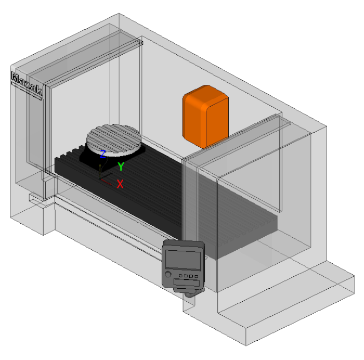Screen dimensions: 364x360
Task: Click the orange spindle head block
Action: coord(205,117)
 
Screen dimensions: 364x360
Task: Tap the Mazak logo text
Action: coord(27,84)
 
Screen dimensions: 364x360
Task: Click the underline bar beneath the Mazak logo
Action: coord(26,91)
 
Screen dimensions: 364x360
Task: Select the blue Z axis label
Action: coord(102,154)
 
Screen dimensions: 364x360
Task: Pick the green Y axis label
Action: coord(121,166)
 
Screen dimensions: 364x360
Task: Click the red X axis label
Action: coord(120,184)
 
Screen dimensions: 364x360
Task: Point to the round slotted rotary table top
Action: coord(114,140)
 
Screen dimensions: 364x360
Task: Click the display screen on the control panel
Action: coord(183,260)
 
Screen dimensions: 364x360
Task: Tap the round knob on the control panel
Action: coord(168,274)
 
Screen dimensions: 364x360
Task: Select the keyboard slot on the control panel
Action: coord(186,282)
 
